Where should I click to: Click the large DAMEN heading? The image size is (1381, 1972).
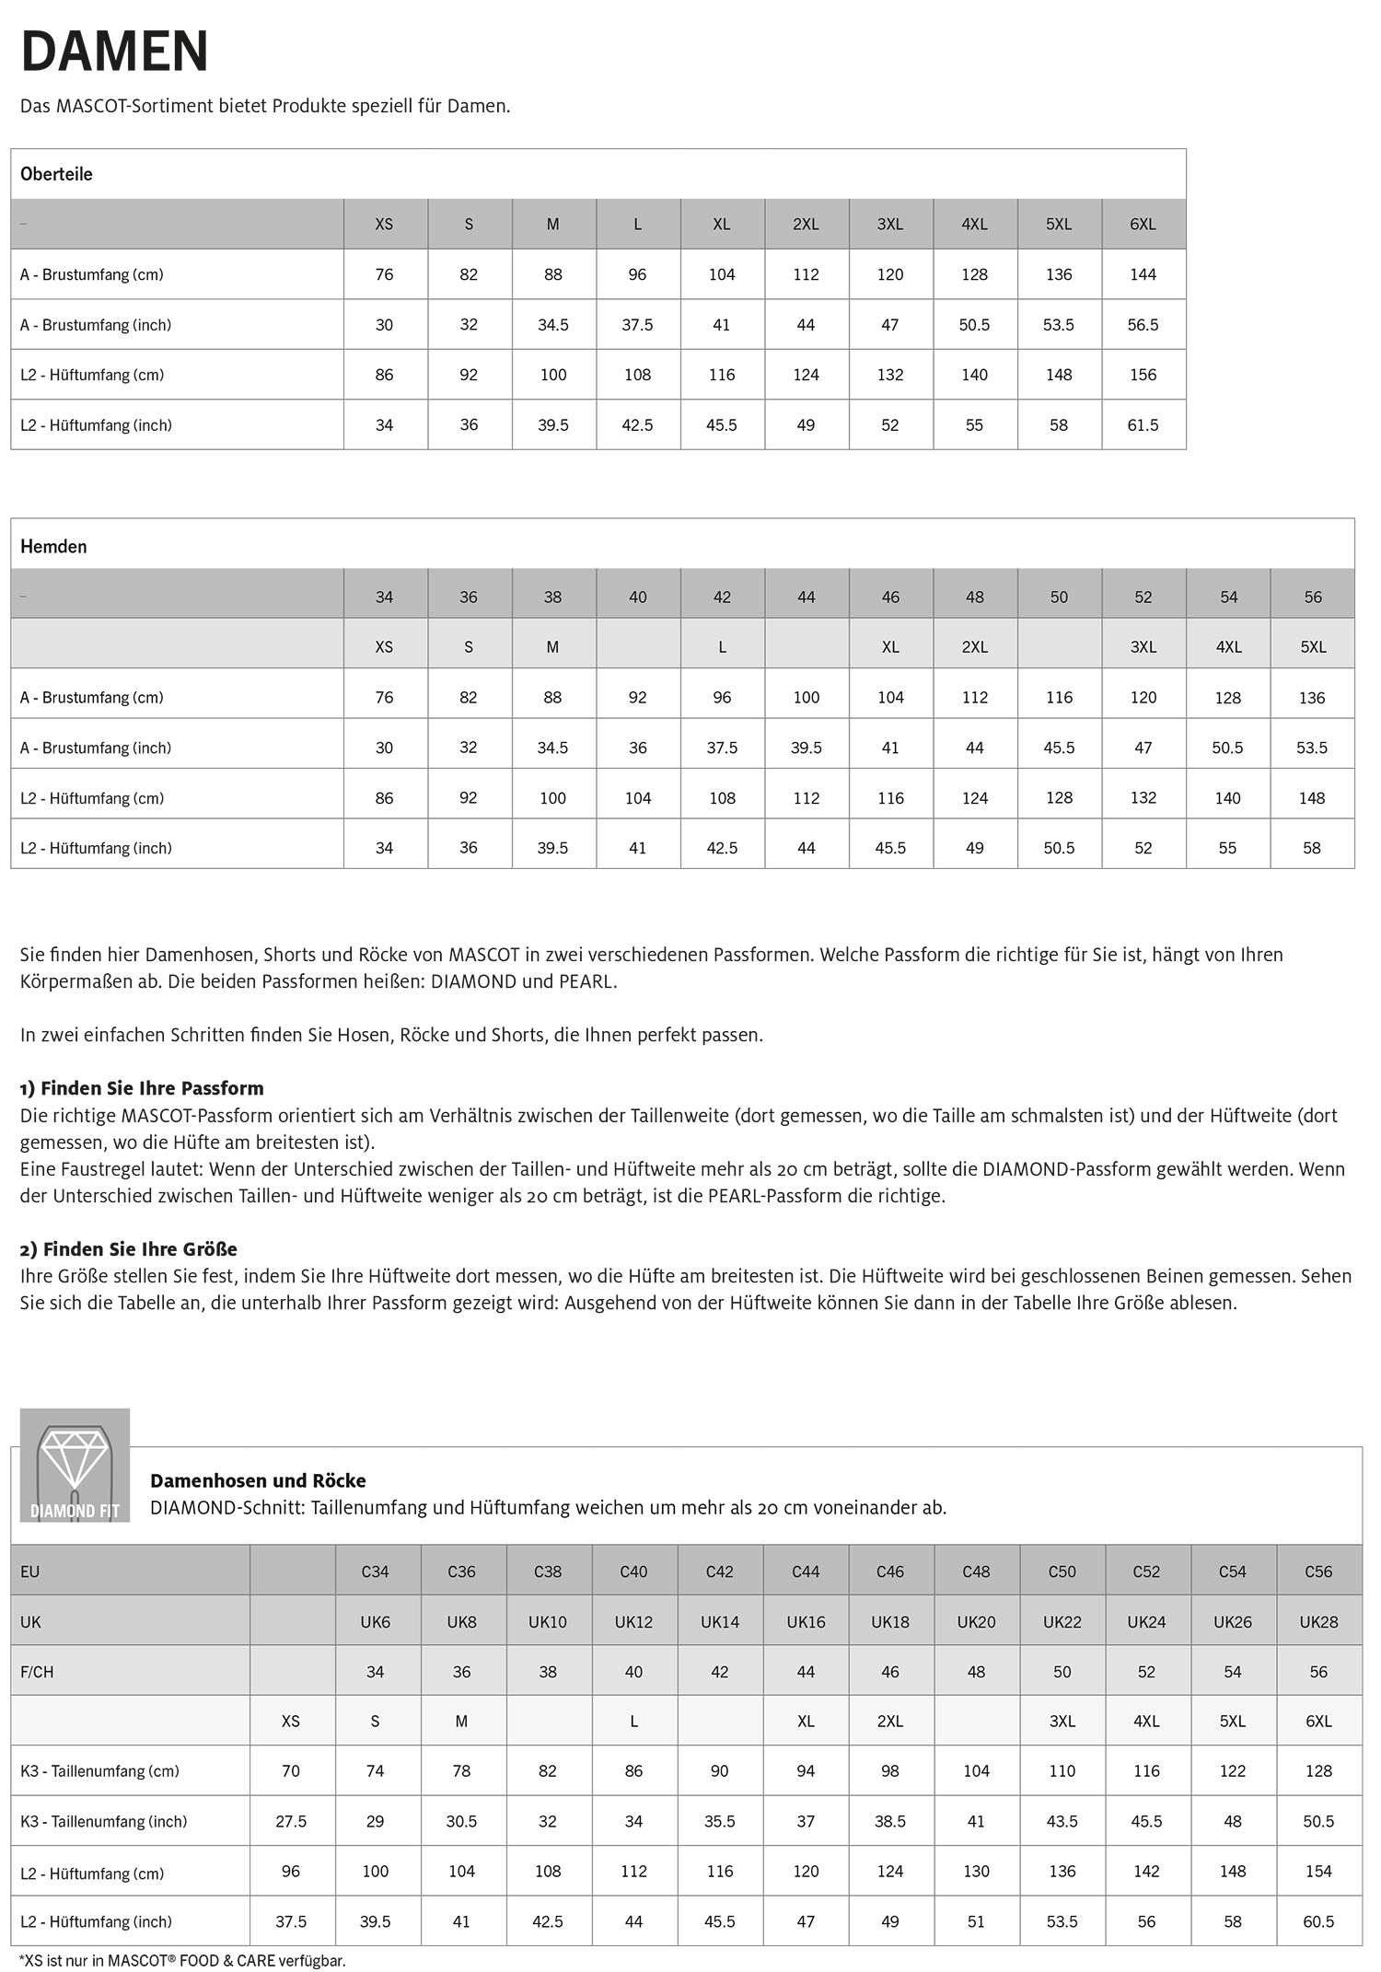114,52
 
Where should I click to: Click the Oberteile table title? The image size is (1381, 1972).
56,174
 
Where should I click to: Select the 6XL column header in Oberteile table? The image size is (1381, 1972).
1143,224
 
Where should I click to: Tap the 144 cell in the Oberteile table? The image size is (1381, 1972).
1143,274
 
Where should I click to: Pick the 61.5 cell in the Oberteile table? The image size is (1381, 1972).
1143,425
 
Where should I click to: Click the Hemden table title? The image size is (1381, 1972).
53,546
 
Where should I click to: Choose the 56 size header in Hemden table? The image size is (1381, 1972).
1313,597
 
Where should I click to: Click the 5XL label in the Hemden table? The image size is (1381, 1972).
1313,647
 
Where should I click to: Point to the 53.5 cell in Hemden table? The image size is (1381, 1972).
1312,748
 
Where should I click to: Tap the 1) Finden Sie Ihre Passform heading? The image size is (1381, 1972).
142,1088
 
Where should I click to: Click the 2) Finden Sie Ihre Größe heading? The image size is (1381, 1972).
129,1249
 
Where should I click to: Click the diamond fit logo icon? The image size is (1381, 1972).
75,1465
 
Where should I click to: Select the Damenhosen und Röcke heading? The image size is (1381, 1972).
258,1480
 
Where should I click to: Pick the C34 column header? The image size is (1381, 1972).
375,1572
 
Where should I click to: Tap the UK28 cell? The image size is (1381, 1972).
1318,1622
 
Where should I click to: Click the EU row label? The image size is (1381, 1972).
30,1572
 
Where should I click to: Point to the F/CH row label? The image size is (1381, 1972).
37,1672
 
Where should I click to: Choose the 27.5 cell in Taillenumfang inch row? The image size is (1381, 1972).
291,1821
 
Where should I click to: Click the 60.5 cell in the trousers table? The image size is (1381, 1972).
1318,1921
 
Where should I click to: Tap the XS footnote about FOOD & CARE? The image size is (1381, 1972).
182,1961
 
